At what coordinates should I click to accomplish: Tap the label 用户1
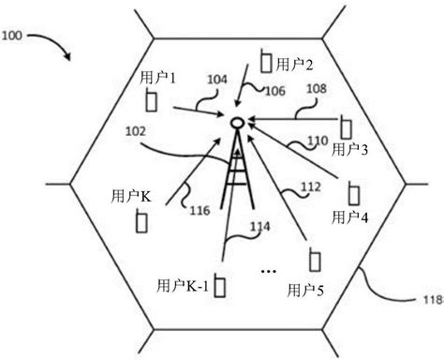156,72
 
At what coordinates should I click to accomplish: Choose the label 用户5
306,287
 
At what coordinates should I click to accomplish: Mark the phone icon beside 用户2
266,62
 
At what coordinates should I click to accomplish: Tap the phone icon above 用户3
346,126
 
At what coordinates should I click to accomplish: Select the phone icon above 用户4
353,193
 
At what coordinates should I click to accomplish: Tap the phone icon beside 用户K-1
221,284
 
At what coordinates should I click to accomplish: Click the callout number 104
216,82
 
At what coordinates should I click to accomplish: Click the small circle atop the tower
237,122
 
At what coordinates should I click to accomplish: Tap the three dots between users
268,272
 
